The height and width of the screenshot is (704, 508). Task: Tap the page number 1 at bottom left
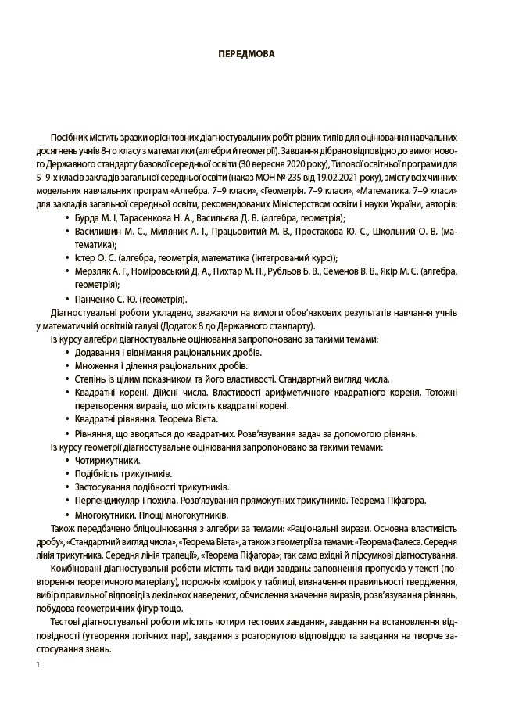pyautogui.click(x=38, y=664)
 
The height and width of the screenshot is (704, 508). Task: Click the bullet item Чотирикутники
pyautogui.click(x=106, y=461)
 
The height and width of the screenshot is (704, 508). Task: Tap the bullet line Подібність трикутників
pyautogui.click(x=123, y=474)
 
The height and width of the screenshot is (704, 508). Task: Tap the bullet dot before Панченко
pyautogui.click(x=68, y=299)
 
